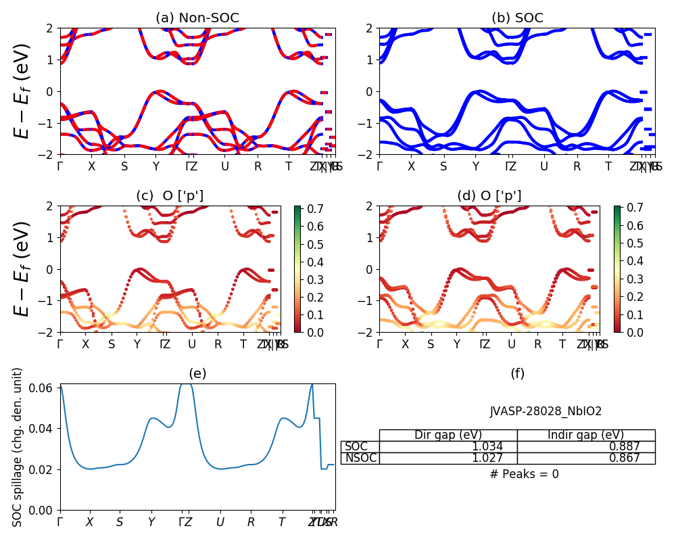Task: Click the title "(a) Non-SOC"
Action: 197,18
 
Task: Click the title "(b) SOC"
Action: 517,18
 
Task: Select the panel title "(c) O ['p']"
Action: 170,196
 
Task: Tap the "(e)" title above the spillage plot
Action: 197,373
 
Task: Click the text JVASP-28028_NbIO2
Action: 546,411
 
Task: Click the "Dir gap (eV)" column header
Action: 448,435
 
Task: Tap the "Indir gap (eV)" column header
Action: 586,435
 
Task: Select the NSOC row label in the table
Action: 360,458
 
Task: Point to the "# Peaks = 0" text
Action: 524,474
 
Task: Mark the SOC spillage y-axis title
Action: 18,447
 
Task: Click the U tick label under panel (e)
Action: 220,522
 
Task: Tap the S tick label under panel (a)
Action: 124,166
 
